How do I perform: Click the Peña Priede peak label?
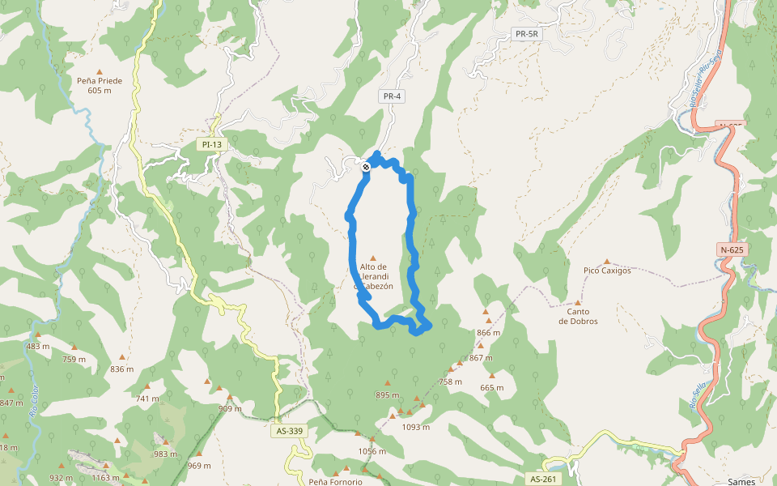pyautogui.click(x=100, y=85)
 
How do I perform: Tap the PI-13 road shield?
pyautogui.click(x=211, y=144)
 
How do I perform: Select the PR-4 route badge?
pyautogui.click(x=392, y=96)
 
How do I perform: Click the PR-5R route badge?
pyautogui.click(x=526, y=34)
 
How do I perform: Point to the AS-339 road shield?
pyautogui.click(x=291, y=431)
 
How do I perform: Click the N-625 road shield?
pyautogui.click(x=732, y=250)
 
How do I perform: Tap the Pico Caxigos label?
pyautogui.click(x=607, y=271)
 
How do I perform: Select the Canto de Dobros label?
pyautogui.click(x=578, y=316)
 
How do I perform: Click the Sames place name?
pyautogui.click(x=741, y=481)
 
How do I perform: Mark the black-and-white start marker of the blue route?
pyautogui.click(x=366, y=167)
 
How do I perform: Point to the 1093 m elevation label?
pyautogui.click(x=415, y=427)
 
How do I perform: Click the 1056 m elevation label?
pyautogui.click(x=372, y=451)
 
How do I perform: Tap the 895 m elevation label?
pyautogui.click(x=388, y=395)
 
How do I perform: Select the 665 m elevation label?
pyautogui.click(x=491, y=387)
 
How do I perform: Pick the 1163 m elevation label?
pyautogui.click(x=105, y=478)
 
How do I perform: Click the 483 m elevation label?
pyautogui.click(x=38, y=346)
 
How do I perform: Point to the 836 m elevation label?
pyautogui.click(x=122, y=369)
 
